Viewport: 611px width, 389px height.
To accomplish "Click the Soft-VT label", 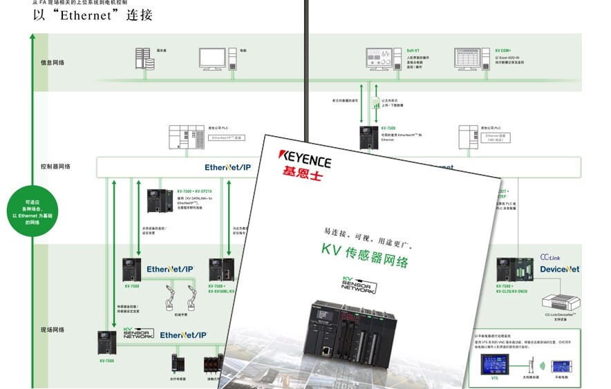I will pyautogui.click(x=413, y=50).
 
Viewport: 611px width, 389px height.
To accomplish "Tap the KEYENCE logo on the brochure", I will pyautogui.click(x=304, y=158).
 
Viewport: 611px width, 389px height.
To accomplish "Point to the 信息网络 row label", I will pyautogui.click(x=53, y=63).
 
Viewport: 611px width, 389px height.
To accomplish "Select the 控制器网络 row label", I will pyautogui.click(x=55, y=167).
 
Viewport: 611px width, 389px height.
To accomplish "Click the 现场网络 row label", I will pyautogui.click(x=53, y=330).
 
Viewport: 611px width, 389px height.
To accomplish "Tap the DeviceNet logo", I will pyautogui.click(x=560, y=269).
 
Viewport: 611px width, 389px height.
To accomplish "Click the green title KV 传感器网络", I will pyautogui.click(x=365, y=256).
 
